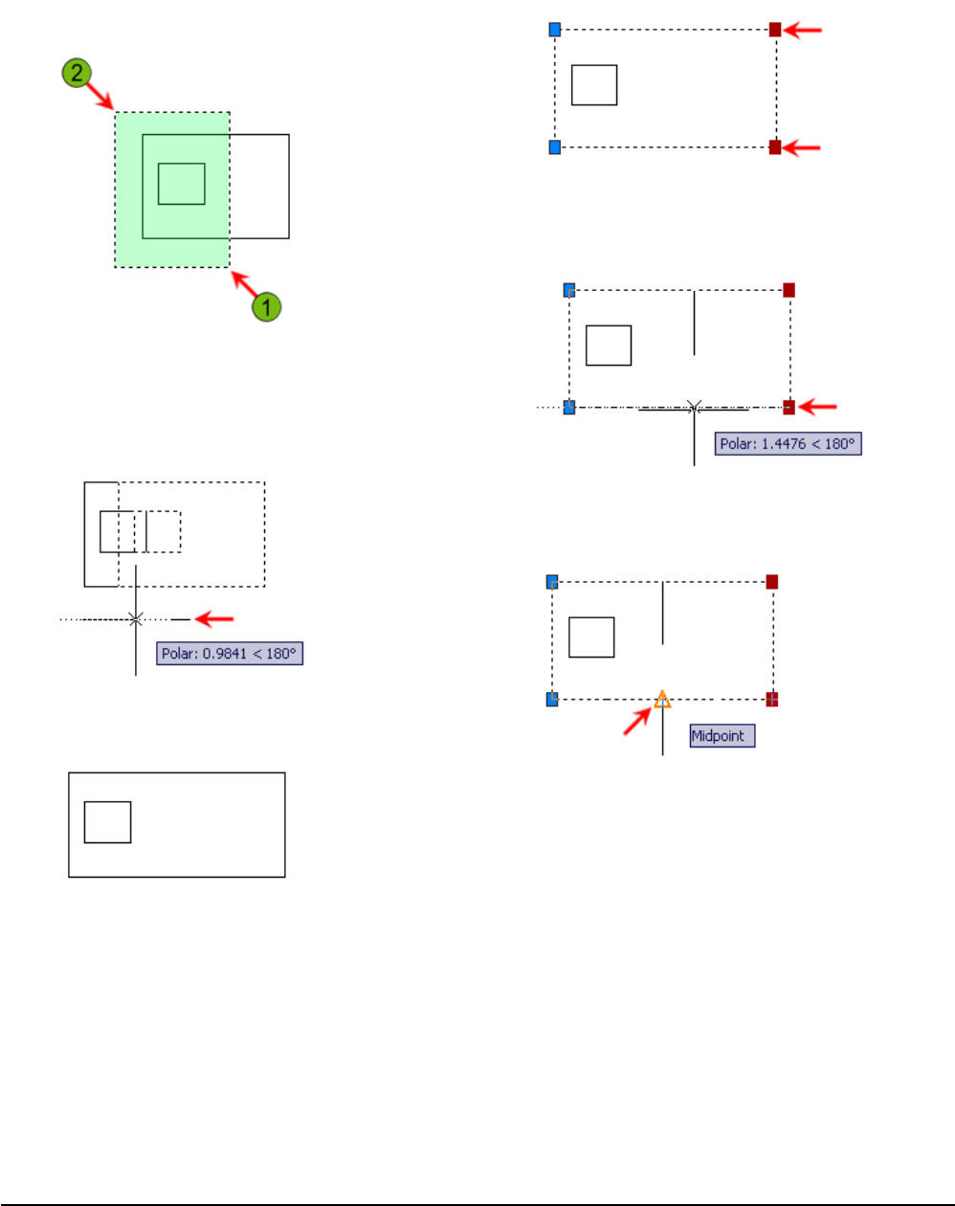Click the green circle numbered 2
76,71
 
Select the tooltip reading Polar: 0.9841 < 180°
230,654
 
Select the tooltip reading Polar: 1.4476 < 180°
788,444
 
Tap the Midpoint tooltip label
722,736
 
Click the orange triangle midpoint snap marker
662,701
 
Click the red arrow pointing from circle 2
100,93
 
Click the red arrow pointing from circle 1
244,285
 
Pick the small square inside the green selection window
182,184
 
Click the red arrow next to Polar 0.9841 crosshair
215,619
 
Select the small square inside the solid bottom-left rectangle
107,822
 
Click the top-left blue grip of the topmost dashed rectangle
554,30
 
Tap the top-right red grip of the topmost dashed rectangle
775,30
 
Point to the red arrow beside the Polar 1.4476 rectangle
818,408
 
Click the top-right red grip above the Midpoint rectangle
772,582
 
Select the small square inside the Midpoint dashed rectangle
591,637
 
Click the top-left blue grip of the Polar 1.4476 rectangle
569,290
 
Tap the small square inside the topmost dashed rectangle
594,85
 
